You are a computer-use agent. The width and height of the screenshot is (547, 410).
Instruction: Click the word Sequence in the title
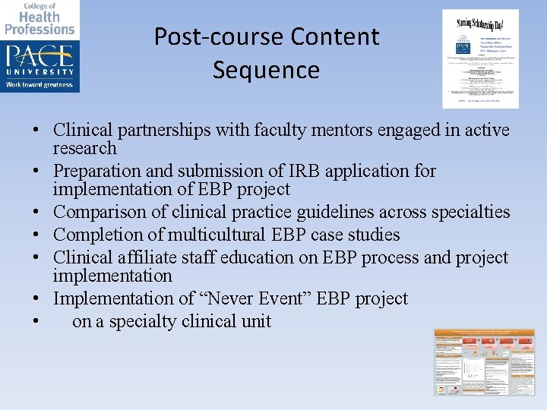point(266,70)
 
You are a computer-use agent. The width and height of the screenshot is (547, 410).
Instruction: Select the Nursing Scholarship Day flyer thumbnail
point(480,58)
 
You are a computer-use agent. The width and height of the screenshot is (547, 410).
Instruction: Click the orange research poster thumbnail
point(484,362)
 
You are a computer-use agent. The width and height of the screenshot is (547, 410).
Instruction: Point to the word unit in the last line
point(257,321)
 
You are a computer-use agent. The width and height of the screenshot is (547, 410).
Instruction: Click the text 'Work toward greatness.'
point(40,85)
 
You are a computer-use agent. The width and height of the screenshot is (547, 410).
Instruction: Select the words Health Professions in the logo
point(40,23)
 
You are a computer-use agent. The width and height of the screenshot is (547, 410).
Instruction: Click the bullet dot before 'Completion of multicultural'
point(37,235)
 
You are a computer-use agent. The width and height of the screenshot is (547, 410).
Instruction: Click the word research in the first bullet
point(84,148)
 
